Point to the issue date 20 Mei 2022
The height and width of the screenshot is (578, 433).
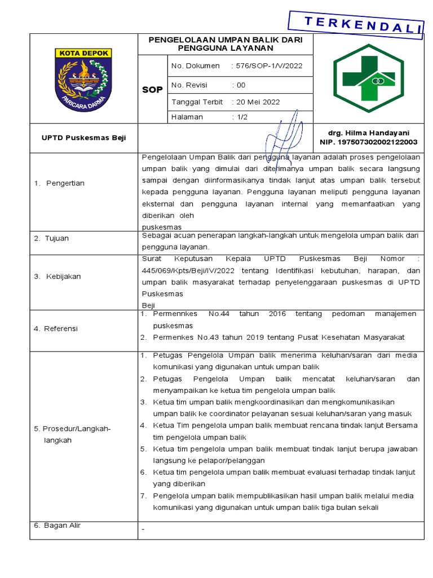coord(258,102)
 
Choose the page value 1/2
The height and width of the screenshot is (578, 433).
coord(242,117)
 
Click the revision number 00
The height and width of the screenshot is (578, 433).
coord(241,85)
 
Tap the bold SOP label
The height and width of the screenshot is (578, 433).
coord(152,90)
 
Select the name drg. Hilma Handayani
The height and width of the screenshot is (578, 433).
coord(372,133)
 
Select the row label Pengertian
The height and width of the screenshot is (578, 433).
coord(65,183)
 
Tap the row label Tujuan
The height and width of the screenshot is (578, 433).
coord(58,238)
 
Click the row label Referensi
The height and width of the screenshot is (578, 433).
coord(63,329)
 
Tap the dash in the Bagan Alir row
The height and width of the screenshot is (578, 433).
coord(144,530)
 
